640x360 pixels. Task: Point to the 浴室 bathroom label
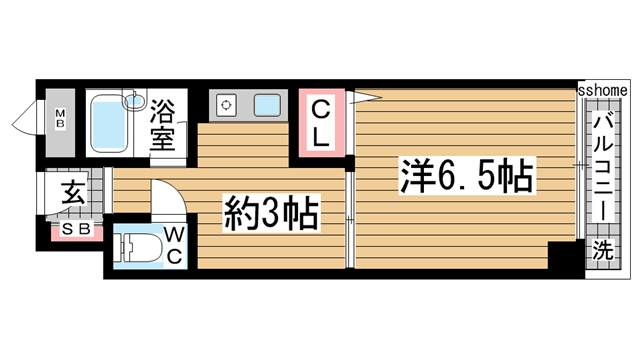coord(163,123)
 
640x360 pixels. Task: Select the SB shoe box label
coord(76,231)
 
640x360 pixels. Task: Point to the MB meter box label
coord(59,121)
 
